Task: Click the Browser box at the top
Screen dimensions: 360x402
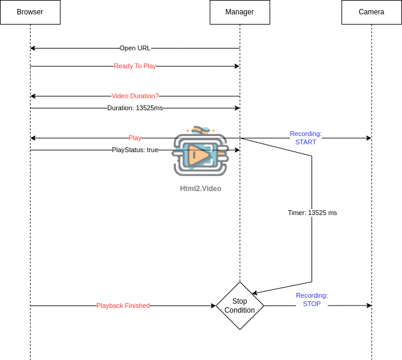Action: pos(30,12)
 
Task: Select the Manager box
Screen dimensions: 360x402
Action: pos(240,12)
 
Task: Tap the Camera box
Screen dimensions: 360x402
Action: pos(371,12)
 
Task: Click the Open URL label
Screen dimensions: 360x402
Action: pos(135,48)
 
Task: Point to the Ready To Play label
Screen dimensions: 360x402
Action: pos(135,66)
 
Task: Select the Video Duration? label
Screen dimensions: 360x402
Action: pos(135,96)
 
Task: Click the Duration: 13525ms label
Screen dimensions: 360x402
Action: pos(135,108)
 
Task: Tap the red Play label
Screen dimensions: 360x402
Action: pos(135,138)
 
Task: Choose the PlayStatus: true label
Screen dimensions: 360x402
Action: pos(135,150)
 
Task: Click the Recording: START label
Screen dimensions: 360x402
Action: pos(306,138)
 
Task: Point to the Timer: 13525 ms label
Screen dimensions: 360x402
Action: pos(312,213)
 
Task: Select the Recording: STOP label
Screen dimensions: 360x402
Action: pos(312,300)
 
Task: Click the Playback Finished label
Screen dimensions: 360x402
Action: pos(123,305)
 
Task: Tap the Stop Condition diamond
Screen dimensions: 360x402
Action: pos(240,305)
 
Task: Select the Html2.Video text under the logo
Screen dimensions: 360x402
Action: pos(201,188)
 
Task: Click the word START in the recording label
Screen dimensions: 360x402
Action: pos(306,142)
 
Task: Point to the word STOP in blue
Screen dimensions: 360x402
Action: pos(312,304)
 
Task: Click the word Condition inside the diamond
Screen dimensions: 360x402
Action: pos(240,310)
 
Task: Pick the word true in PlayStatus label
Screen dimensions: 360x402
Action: pos(152,150)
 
